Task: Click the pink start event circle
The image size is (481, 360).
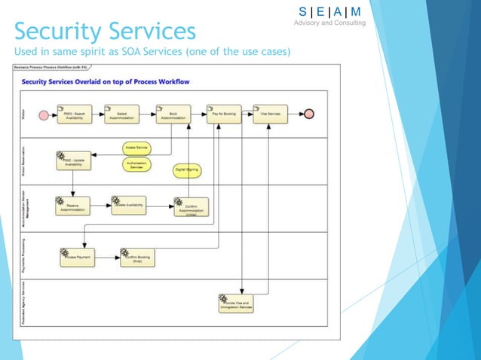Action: click(x=44, y=115)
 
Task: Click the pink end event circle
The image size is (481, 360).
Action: click(x=308, y=114)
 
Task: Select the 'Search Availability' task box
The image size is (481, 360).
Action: click(x=73, y=114)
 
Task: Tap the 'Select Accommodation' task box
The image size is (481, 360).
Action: click(x=126, y=114)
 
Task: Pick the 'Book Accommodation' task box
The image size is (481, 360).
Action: click(x=173, y=114)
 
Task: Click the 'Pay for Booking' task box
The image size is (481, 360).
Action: click(x=223, y=114)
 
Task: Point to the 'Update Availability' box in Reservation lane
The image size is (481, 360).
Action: click(x=73, y=160)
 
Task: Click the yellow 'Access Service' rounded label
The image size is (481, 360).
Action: click(x=136, y=148)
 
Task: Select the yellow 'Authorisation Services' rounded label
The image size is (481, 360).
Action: click(x=136, y=163)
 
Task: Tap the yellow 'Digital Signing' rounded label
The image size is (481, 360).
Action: click(x=187, y=170)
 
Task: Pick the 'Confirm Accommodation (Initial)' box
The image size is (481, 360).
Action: click(x=190, y=206)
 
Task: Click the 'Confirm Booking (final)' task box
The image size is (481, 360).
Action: click(x=136, y=258)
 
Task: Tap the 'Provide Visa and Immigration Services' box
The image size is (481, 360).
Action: click(x=235, y=304)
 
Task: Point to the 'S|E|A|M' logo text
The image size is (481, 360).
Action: click(x=329, y=11)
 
